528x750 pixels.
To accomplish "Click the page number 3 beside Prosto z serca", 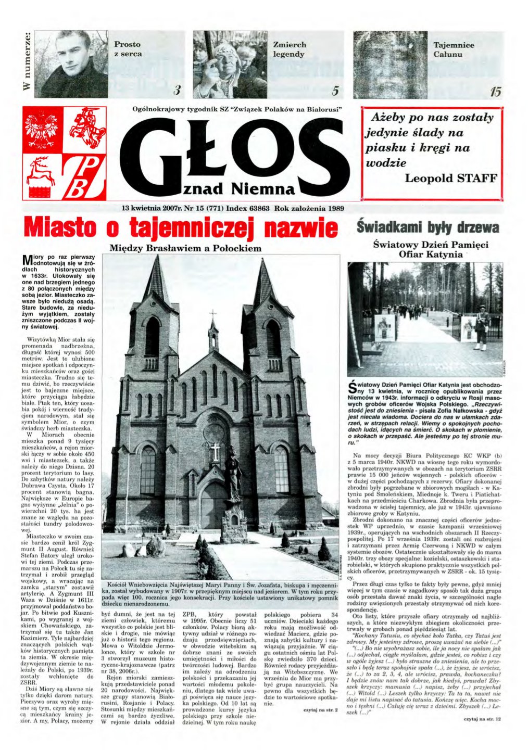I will [x=177, y=92].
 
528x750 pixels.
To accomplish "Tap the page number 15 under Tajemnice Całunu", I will [x=495, y=92].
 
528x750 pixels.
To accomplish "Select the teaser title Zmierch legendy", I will [x=290, y=49].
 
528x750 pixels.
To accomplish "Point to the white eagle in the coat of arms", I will [x=44, y=128].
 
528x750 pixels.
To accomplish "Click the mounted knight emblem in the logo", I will [x=86, y=128].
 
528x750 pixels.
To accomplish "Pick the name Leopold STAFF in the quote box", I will [x=451, y=178].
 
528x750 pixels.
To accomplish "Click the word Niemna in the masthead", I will [x=263, y=187].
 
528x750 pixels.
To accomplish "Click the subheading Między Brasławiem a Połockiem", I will [x=185, y=248].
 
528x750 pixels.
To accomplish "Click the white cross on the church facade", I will [x=215, y=451].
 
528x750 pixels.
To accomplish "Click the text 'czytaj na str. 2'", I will [x=320, y=709].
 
